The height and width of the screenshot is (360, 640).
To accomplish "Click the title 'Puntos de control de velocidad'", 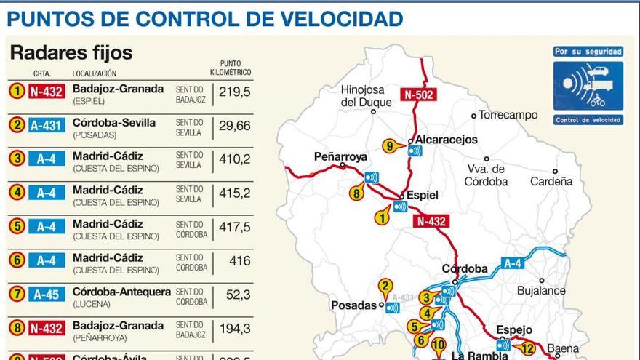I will pos(205,18).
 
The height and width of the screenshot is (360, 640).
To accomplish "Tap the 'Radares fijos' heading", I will pos(71,52).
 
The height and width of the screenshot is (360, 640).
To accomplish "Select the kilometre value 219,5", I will pos(235,92).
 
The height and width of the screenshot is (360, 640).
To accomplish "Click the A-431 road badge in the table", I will pos(47,125).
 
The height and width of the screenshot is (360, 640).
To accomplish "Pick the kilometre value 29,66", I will pos(234,126).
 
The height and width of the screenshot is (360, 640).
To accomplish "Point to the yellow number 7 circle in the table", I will pos(17,294).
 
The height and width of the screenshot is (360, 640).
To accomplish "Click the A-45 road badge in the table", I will pos(47,294).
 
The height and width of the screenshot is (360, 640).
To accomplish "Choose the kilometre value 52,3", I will pos(235,295).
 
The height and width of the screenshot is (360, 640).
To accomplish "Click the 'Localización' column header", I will pos(94,73).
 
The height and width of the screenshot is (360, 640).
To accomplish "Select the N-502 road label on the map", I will pos(418,94).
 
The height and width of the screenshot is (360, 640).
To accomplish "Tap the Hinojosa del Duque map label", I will pos(371,96).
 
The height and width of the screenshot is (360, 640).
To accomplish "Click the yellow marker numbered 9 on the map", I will pos(390,146).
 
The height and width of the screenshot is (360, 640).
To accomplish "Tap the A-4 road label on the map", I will pos(512,263).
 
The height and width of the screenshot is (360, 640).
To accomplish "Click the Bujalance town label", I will pos(541,290).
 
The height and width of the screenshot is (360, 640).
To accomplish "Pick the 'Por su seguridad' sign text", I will pos(588,52).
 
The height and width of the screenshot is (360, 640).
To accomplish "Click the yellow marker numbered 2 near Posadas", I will pos(385,286).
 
